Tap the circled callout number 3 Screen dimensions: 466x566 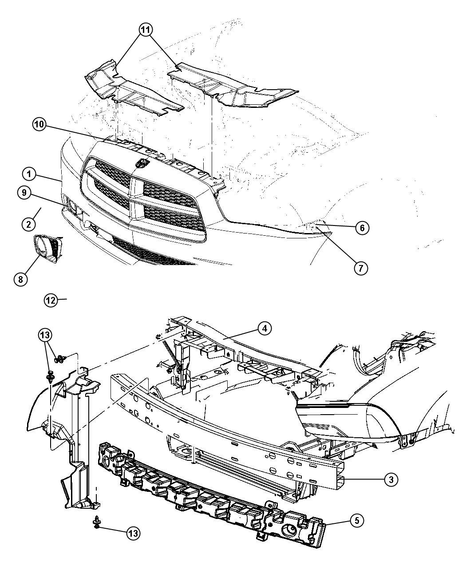(391, 479)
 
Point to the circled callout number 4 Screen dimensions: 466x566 (265, 328)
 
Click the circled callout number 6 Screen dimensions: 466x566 (362, 228)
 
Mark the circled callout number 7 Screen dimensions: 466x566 (361, 268)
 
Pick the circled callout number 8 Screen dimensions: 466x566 (21, 279)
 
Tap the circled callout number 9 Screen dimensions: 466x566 (24, 193)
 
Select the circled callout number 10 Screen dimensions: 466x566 (39, 124)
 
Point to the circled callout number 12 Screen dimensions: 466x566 (51, 300)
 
